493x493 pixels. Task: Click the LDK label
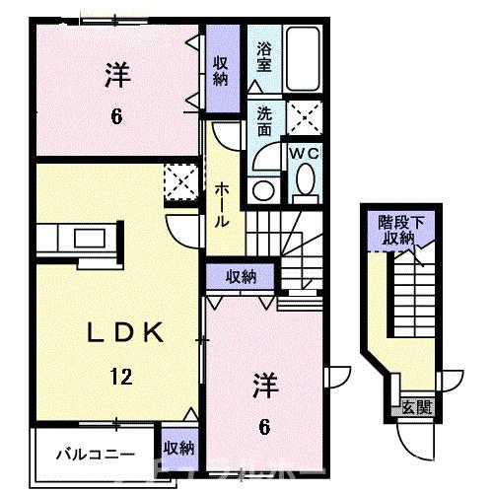click(99, 334)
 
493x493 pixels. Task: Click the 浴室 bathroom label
click(264, 56)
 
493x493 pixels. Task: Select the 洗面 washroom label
click(264, 122)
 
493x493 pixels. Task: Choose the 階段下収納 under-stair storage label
click(402, 230)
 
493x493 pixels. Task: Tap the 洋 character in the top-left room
click(116, 74)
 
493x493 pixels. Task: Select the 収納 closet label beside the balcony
click(178, 448)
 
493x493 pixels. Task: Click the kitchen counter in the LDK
click(81, 237)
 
